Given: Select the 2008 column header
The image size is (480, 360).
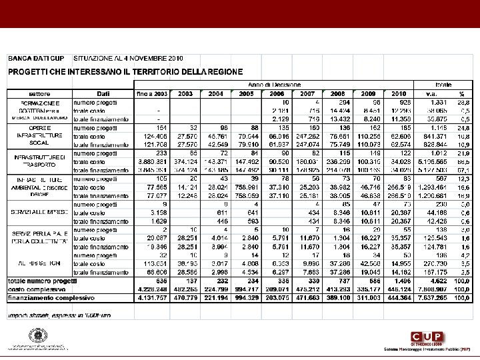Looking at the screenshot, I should [x=338, y=93].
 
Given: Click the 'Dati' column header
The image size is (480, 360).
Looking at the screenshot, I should [x=103, y=93].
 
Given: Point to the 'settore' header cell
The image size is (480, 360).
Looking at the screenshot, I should [x=39, y=93].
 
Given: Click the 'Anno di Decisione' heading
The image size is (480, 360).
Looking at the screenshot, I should [x=274, y=85].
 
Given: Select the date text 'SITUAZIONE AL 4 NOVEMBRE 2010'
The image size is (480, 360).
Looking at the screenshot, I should [x=127, y=58].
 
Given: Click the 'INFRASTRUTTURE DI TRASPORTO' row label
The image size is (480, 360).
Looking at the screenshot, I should [x=39, y=160].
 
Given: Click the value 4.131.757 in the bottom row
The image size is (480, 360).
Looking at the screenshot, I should [x=153, y=298].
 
